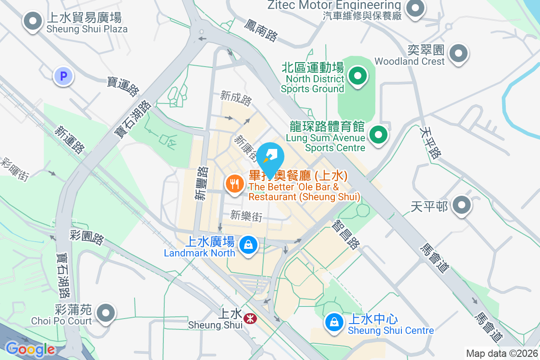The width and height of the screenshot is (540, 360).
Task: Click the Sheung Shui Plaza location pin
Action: (32, 21)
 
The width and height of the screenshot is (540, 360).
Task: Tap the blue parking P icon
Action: (63, 76)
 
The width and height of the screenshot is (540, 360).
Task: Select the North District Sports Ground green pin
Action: (358, 76)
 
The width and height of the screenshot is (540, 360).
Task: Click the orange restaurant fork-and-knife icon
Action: (234, 184)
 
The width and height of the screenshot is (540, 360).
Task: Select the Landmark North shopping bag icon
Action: (247, 245)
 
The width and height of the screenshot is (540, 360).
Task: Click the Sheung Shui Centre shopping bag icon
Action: (334, 323)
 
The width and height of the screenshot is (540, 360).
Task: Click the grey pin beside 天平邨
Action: (461, 206)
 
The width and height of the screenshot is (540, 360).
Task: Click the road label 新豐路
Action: (202, 183)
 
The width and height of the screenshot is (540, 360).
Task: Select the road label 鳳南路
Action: (261, 30)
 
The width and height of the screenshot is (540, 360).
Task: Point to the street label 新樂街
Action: (246, 216)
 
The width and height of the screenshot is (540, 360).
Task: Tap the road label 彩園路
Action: (87, 237)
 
